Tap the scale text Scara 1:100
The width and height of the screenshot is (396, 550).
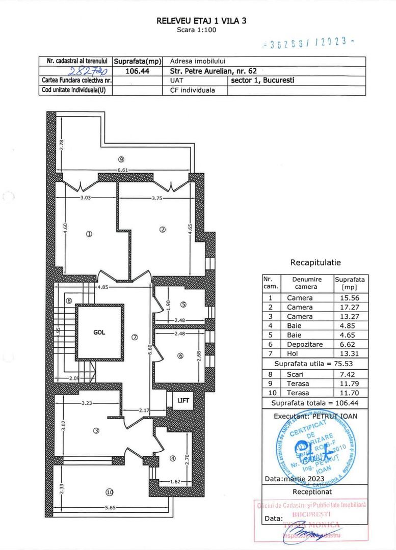point(197,30)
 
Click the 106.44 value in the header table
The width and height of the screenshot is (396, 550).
point(137,71)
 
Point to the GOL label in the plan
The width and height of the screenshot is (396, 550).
point(99,332)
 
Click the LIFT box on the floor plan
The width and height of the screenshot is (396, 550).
point(183,401)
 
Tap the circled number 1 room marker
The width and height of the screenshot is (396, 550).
point(89,234)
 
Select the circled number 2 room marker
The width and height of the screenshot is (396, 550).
point(163,229)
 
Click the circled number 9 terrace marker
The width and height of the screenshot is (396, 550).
point(121,158)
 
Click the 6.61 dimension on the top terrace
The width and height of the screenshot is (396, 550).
point(122,170)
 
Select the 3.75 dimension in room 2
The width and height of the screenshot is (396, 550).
point(157,199)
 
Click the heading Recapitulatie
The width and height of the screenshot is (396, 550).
point(315,263)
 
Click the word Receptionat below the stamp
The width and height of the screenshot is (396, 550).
point(312,491)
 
